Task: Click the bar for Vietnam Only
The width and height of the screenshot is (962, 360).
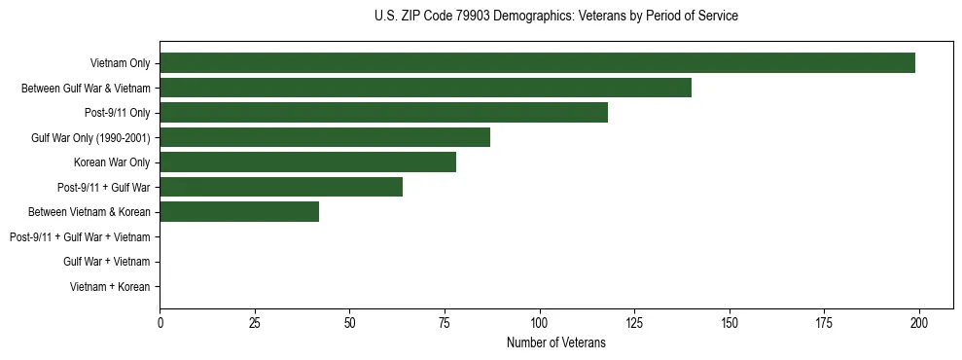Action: [537, 63]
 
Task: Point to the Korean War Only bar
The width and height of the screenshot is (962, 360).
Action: [307, 162]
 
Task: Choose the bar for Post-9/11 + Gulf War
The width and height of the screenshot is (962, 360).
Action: [281, 187]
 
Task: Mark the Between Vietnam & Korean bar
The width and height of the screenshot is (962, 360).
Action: [239, 212]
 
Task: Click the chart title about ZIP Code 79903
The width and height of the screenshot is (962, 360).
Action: [555, 17]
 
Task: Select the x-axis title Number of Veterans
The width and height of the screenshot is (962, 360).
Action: [555, 342]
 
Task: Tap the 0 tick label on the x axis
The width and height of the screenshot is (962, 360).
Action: [160, 322]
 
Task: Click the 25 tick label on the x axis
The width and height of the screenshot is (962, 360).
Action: [255, 322]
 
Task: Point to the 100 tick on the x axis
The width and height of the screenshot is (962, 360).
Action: [539, 322]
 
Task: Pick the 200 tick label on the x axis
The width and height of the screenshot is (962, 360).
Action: [919, 322]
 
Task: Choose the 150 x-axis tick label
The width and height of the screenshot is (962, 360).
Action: [730, 322]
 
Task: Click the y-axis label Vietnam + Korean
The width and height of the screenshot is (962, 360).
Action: [110, 287]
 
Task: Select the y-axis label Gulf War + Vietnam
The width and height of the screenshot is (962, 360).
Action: [107, 262]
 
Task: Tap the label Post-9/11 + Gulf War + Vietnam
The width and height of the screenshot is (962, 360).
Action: [80, 236]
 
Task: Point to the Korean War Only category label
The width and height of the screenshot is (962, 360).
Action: [112, 162]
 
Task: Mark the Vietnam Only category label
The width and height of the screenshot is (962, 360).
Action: [120, 63]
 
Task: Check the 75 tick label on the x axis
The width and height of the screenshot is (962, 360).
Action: [445, 322]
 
